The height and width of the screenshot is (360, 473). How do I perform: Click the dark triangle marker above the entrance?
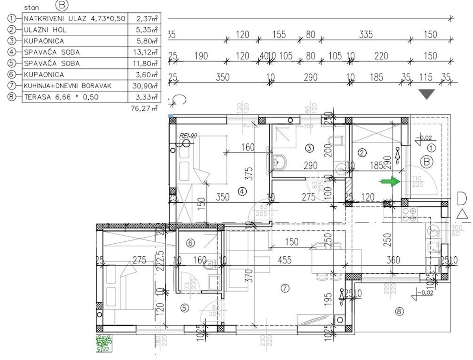click(427, 94)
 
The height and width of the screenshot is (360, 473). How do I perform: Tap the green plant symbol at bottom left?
click(104, 343)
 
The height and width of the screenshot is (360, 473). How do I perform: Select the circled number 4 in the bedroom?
click(242, 191)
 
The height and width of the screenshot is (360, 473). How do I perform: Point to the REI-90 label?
click(188, 136)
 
